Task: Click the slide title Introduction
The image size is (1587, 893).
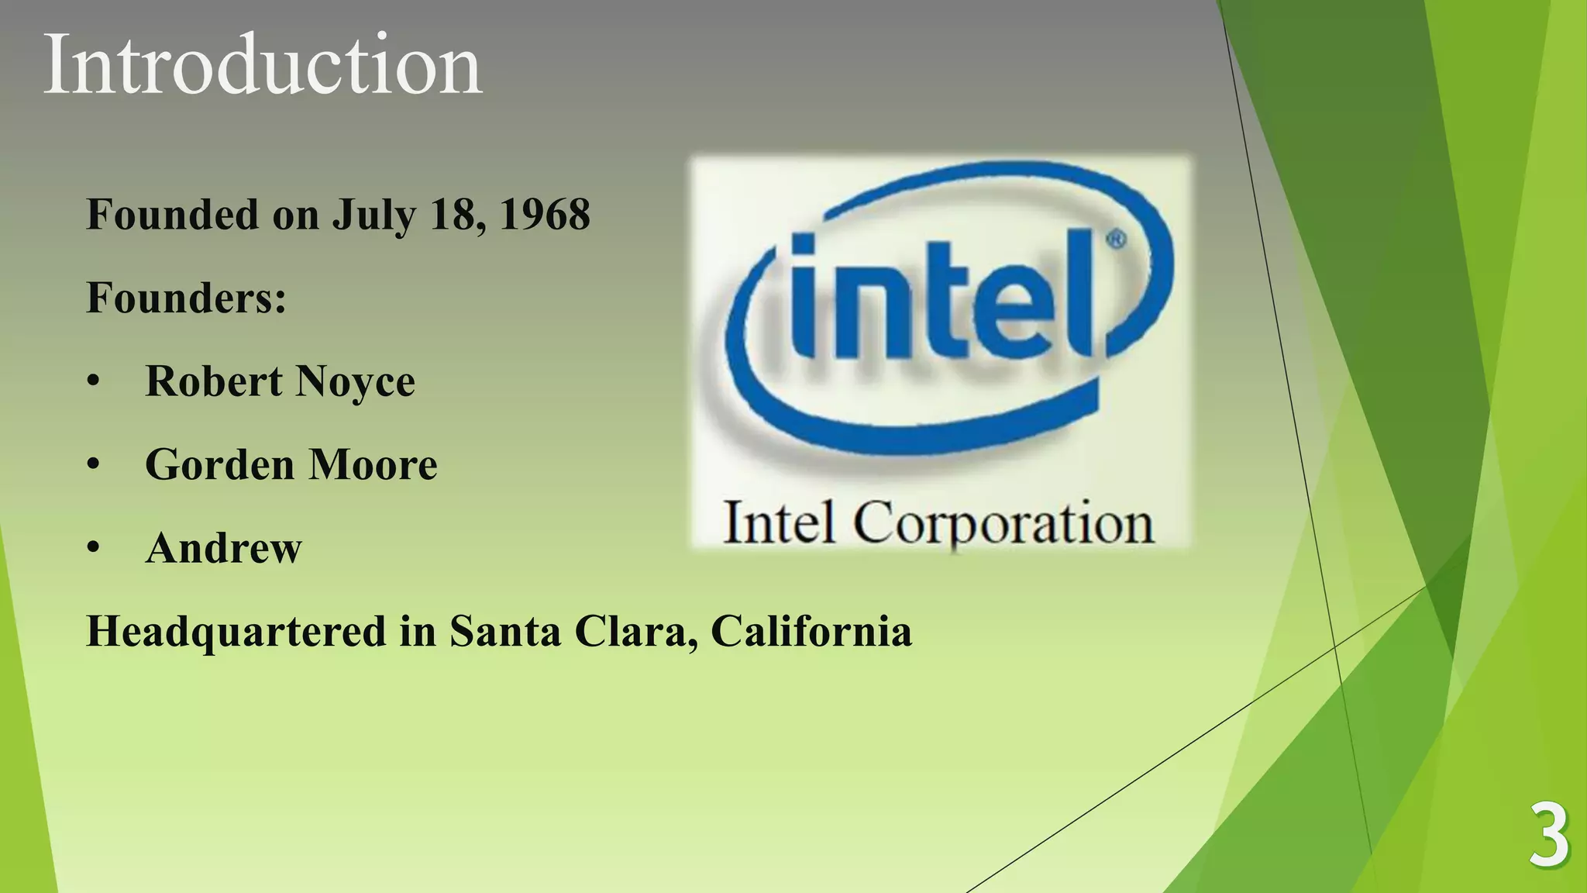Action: click(262, 65)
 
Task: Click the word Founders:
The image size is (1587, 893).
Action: click(186, 298)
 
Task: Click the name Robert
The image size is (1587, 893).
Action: click(214, 381)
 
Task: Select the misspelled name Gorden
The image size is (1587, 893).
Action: click(220, 465)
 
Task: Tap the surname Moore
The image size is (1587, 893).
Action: click(374, 465)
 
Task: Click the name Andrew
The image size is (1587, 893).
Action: click(223, 548)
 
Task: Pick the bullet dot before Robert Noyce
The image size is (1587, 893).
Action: click(94, 382)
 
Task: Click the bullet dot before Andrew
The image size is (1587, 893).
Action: click(94, 548)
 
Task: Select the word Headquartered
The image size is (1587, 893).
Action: click(236, 632)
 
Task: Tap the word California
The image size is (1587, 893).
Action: click(811, 631)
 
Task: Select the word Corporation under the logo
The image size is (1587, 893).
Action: click(1003, 524)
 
